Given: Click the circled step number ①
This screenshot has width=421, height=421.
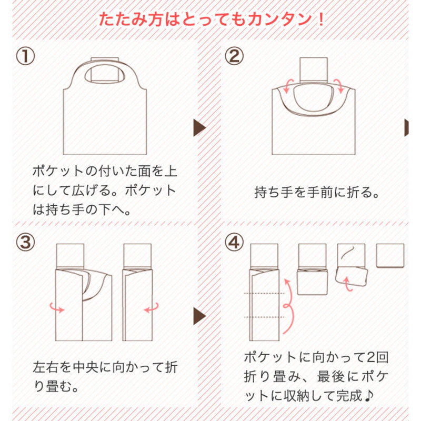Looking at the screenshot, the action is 25,56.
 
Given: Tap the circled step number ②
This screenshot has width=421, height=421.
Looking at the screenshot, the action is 234,56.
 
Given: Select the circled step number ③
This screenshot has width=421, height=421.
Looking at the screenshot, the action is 25,242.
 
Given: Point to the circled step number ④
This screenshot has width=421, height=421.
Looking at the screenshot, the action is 234,242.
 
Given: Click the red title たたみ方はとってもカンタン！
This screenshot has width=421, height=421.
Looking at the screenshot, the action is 212,19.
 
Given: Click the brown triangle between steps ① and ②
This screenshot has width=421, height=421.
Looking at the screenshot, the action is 199,128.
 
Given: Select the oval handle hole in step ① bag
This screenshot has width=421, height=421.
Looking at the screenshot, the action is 105,74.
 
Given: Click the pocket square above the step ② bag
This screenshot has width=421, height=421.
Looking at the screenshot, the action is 314,69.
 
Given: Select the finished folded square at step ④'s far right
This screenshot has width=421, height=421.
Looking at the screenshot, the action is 390,256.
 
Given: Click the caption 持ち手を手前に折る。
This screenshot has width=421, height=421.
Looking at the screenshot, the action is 317,192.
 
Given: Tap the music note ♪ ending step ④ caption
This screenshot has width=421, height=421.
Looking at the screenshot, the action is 369,396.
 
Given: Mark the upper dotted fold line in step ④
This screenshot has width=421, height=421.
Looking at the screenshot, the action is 264,294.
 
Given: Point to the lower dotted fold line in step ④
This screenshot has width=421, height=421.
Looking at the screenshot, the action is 264,317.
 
